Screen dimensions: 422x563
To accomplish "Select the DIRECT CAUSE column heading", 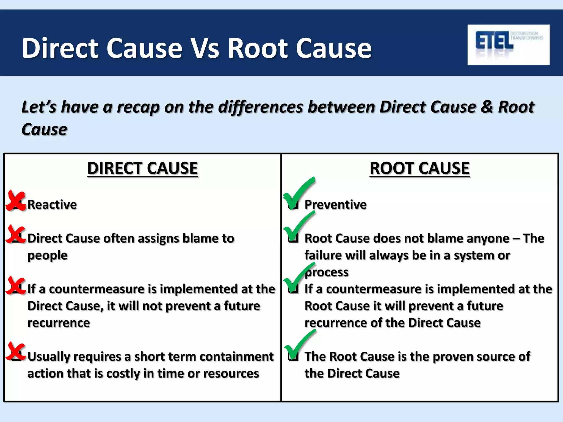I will click(142, 168).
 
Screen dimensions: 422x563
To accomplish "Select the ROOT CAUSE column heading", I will click(420, 168).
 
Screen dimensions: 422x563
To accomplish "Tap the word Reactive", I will click(52, 205).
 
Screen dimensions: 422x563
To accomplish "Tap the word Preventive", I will click(335, 205).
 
